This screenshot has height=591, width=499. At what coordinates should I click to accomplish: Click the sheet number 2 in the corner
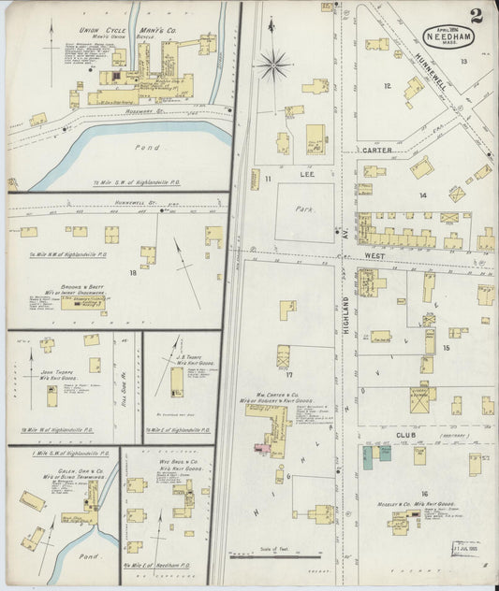pyautogui.click(x=477, y=14)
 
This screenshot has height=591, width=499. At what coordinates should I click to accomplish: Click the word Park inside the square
pyautogui.click(x=303, y=198)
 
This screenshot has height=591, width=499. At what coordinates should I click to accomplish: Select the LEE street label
pyautogui.click(x=303, y=174)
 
